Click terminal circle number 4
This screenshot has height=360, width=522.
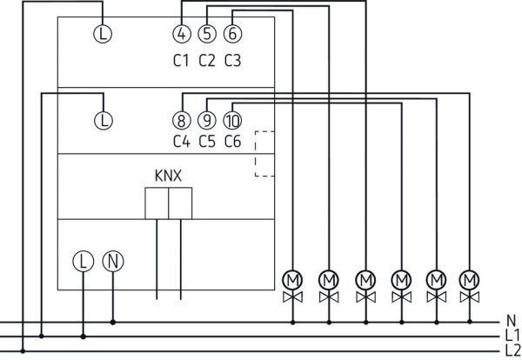pos(181,34)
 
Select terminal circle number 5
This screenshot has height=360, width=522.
pos(206,34)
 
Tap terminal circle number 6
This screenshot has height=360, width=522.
pos(231,34)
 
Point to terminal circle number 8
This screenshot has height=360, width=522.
pos(181,120)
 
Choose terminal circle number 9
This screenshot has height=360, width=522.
pos(206,120)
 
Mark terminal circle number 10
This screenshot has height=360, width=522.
pos(232,120)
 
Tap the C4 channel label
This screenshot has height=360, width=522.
pos(181,142)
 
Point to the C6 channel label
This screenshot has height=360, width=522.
pos(232,142)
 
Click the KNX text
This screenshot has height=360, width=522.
pos(168,175)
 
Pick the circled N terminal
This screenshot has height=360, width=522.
pos(112,260)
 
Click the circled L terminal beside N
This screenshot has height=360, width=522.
pos(83,260)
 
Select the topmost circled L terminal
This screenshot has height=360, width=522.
pos(103,34)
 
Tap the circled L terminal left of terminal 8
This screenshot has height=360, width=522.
pos(103,120)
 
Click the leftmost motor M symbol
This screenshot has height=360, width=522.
pos(292,279)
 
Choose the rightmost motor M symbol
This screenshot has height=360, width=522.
pos(471,279)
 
